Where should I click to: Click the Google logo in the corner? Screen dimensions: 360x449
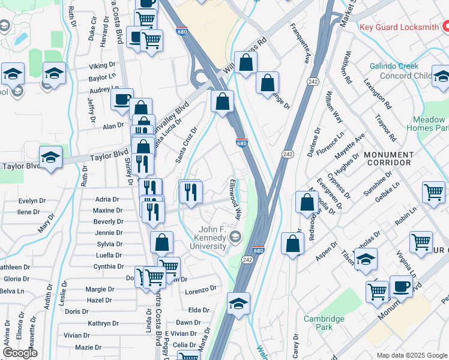(20, 353)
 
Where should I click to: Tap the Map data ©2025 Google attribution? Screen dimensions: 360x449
(412, 355)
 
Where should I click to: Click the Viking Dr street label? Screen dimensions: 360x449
(102, 65)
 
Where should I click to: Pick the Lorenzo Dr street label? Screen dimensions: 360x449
(200, 289)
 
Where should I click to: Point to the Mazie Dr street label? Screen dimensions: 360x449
(88, 347)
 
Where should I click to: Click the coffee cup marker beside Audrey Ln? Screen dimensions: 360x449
(122, 98)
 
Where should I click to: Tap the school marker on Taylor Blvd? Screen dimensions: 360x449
(51, 158)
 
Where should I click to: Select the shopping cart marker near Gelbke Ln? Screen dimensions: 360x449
(433, 192)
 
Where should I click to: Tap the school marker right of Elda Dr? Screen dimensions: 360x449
(238, 304)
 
